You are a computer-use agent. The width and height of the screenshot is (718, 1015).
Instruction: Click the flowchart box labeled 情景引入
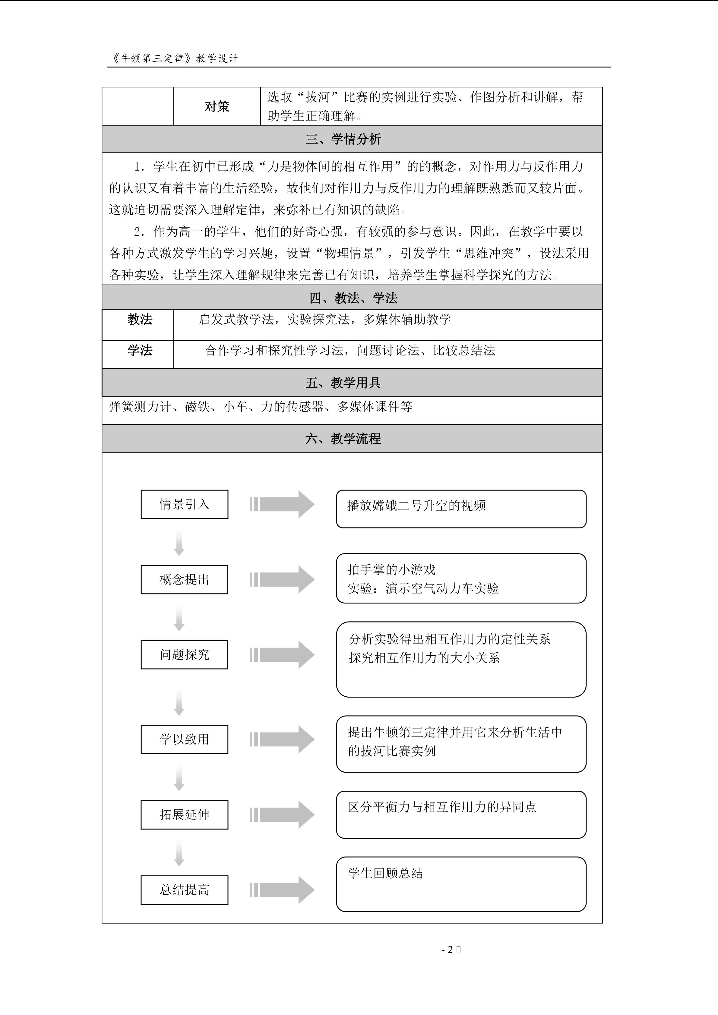click(x=184, y=504)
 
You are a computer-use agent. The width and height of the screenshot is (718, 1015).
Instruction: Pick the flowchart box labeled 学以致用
click(x=184, y=739)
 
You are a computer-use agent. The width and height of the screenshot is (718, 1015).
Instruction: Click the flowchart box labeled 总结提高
click(x=184, y=890)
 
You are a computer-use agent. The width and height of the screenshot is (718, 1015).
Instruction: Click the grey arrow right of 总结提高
click(x=282, y=890)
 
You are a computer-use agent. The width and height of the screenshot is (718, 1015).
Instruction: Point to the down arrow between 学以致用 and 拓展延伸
click(x=179, y=778)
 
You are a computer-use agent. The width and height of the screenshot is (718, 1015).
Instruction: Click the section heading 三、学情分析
click(x=343, y=139)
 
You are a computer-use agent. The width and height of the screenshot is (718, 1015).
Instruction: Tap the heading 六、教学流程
click(x=343, y=439)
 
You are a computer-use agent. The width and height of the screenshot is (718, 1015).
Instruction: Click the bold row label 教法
click(x=140, y=319)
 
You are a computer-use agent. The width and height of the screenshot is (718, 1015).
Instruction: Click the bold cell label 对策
click(x=217, y=106)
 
